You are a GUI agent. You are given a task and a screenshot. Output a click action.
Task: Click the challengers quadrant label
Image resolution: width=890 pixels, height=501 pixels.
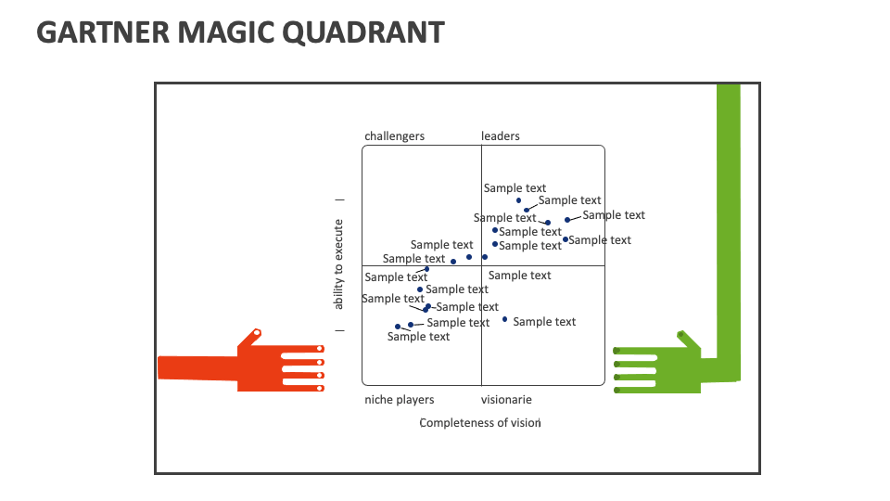(394, 136)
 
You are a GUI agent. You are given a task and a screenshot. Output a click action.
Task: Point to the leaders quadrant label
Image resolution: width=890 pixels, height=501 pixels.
(501, 136)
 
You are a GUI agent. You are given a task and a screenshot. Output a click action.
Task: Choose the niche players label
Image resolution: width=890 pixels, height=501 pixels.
(399, 400)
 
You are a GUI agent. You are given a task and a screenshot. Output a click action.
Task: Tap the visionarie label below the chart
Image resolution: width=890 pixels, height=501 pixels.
(506, 400)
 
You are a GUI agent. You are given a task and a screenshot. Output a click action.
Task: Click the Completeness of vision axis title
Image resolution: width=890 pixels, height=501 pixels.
(479, 423)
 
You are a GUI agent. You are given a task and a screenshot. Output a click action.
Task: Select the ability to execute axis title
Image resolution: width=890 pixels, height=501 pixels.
(339, 264)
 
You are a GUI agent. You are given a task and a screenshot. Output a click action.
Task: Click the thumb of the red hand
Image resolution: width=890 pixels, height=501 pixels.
(250, 337)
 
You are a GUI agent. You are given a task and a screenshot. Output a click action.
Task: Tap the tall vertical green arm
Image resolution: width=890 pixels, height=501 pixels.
(729, 223)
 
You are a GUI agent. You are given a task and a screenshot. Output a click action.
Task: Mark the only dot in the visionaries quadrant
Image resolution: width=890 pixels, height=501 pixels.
(505, 319)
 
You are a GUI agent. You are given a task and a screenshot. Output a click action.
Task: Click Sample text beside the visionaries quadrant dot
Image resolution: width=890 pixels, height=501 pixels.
(544, 322)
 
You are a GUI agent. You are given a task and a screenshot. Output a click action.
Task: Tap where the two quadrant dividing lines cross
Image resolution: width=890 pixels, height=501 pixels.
(481, 266)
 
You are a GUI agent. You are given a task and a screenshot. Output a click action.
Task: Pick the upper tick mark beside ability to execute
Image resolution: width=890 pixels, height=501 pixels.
(339, 199)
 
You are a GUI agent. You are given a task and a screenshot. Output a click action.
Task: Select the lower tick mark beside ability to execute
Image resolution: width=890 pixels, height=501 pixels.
(339, 330)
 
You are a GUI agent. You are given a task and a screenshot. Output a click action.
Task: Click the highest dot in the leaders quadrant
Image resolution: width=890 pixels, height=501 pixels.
(518, 200)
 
